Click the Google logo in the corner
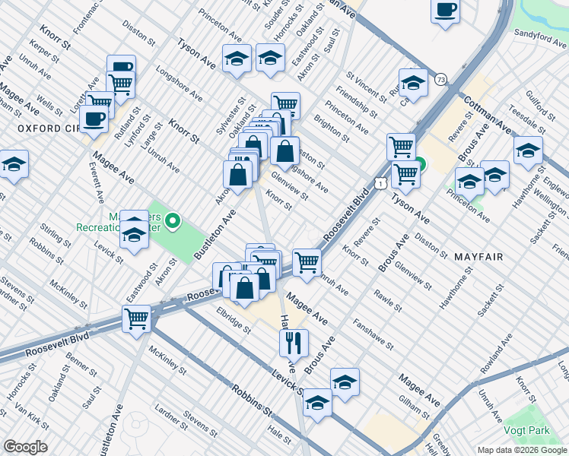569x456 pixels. click(x=24, y=447)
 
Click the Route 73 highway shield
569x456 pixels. click(x=441, y=78)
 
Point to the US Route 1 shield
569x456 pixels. click(x=378, y=183)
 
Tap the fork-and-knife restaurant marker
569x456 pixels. click(x=293, y=342)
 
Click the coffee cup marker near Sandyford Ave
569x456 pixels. click(x=445, y=11)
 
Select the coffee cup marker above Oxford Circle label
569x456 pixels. click(x=94, y=119)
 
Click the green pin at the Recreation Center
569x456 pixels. click(x=173, y=222)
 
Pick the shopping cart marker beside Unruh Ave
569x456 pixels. click(x=307, y=262)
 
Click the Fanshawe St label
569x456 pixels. click(x=372, y=334)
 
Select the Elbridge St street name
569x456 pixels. click(x=233, y=319)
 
